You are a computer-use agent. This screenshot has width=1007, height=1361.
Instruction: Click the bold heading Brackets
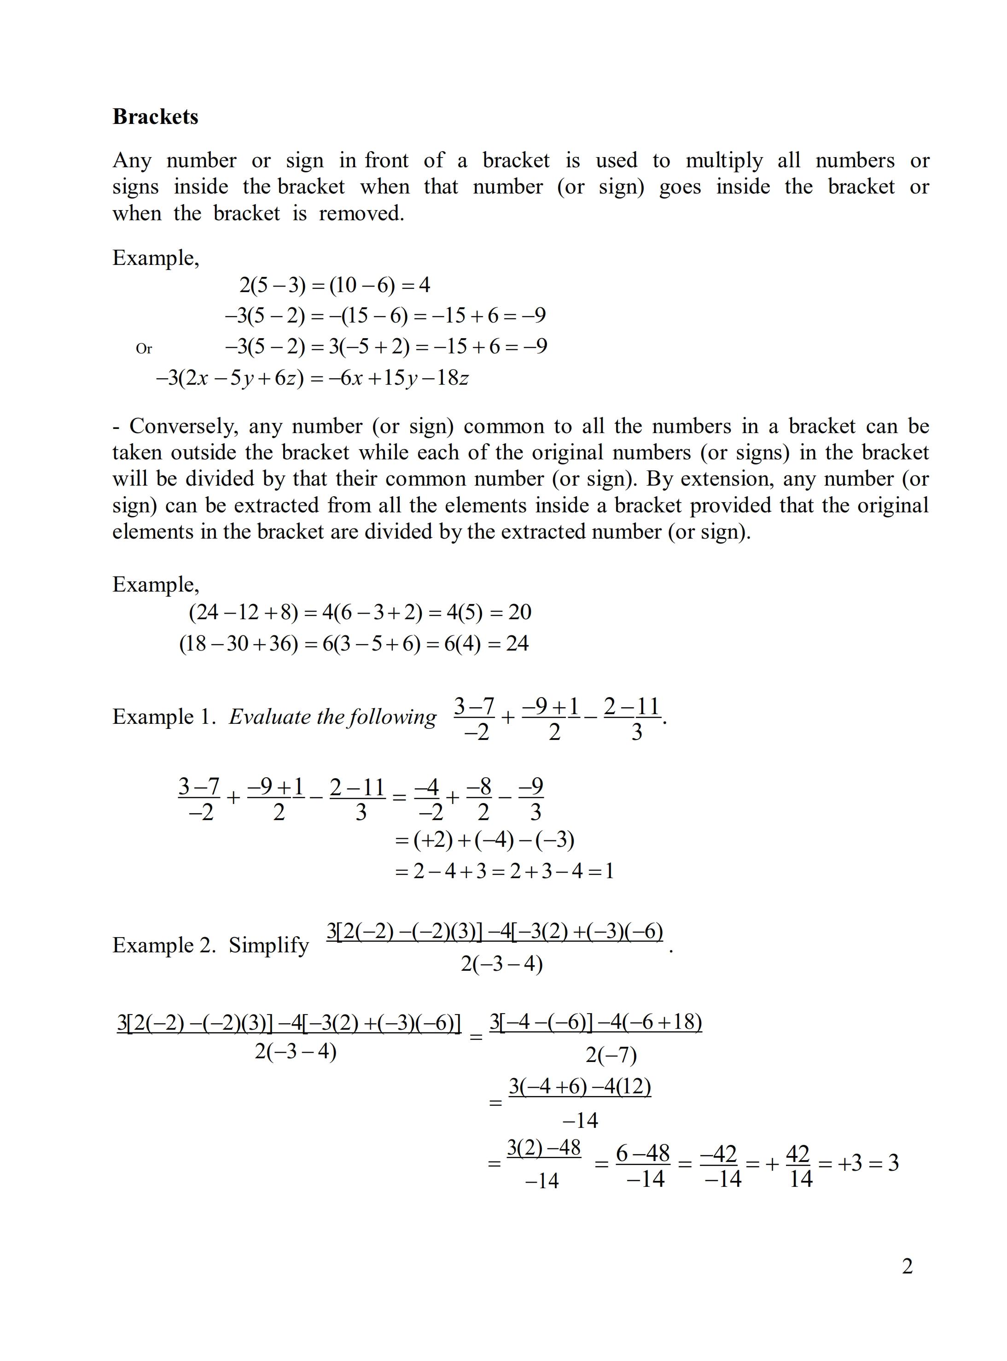pyautogui.click(x=156, y=117)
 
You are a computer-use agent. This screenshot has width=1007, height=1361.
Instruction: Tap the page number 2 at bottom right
pyautogui.click(x=907, y=1267)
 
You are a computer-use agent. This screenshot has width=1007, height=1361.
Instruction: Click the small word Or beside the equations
pyautogui.click(x=144, y=349)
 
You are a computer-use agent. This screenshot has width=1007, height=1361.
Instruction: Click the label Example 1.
pyautogui.click(x=163, y=716)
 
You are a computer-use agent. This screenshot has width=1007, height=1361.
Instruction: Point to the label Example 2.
pyautogui.click(x=163, y=945)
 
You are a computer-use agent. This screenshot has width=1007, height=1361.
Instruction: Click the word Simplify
pyautogui.click(x=269, y=945)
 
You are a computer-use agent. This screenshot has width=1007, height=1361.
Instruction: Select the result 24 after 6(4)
pyautogui.click(x=517, y=643)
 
